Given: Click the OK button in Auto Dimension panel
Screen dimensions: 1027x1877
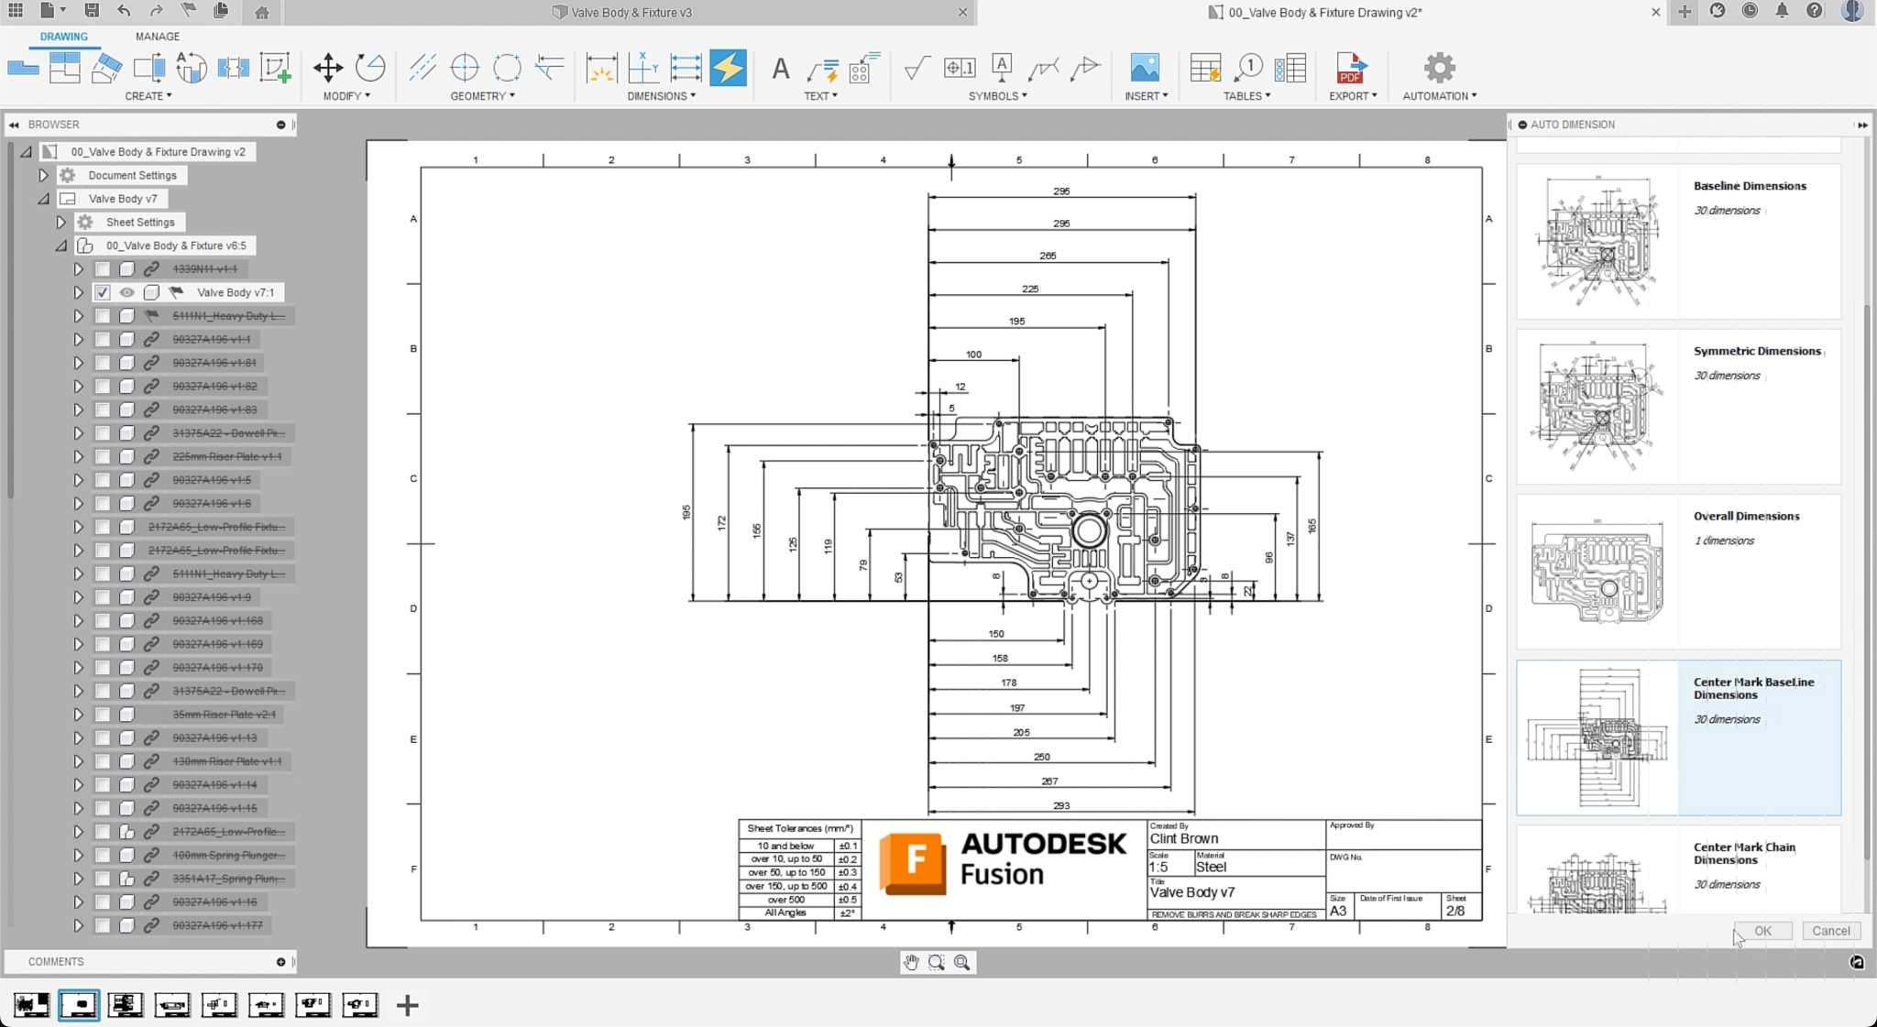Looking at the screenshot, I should tap(1762, 931).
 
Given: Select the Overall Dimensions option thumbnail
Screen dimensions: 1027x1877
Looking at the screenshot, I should tap(1597, 572).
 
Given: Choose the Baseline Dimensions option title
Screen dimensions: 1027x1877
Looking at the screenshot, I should tap(1749, 186).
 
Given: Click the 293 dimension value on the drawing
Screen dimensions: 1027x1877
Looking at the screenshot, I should tap(1060, 806).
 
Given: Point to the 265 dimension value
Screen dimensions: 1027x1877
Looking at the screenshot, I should tap(1048, 257).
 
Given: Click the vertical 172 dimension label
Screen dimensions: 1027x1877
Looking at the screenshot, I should tap(722, 523).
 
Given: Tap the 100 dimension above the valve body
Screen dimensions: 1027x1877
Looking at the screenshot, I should tap(973, 355).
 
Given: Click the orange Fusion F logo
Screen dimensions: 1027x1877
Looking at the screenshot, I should tap(912, 862).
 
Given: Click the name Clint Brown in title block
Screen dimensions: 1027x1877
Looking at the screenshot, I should tap(1183, 839).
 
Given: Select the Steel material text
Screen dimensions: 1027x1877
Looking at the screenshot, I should tap(1210, 868).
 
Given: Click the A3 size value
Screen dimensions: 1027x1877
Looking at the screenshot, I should tap(1338, 912).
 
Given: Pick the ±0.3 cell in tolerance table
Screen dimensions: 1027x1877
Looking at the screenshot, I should tap(847, 873).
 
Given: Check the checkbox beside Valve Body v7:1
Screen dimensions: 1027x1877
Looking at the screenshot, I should tap(103, 292).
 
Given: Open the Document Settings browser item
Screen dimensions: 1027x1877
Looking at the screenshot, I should tap(132, 175).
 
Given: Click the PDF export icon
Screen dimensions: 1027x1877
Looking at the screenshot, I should tap(1350, 68).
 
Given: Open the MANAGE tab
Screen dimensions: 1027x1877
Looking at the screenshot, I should tap(157, 37).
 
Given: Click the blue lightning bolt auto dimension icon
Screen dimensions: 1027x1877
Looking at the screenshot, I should tap(728, 68).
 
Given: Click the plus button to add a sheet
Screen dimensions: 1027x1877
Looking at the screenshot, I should tap(407, 1006).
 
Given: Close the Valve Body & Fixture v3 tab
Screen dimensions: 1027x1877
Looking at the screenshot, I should tap(962, 13).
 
